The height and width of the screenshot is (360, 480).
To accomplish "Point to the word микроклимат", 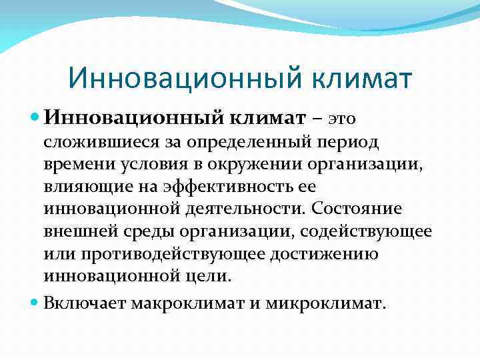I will [x=325, y=303].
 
